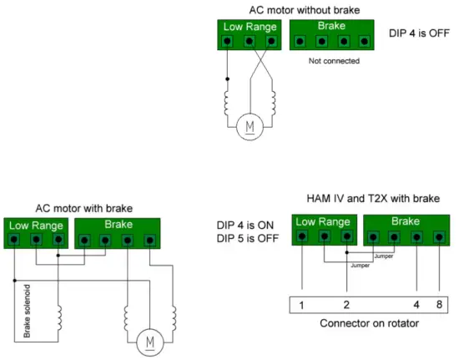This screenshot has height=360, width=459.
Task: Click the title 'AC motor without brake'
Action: pyautogui.click(x=304, y=9)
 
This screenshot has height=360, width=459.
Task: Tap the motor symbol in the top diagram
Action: pyautogui.click(x=248, y=126)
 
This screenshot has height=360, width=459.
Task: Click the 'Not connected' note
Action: pyautogui.click(x=334, y=61)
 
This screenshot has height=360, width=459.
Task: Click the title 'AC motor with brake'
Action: pyautogui.click(x=83, y=208)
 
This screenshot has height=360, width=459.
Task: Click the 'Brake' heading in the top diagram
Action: pyautogui.click(x=332, y=26)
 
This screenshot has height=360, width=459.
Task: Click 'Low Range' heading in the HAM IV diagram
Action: pyautogui.click(x=324, y=221)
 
